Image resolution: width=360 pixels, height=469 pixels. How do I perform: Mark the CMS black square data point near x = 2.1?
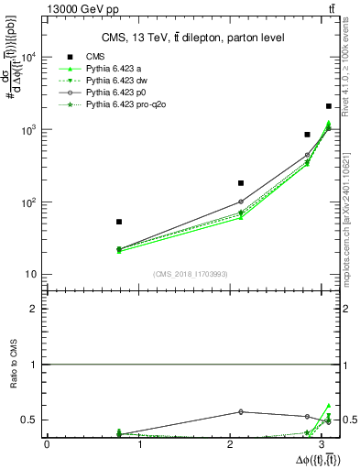coord(240,183)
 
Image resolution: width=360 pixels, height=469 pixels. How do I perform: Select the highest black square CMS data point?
coord(329,106)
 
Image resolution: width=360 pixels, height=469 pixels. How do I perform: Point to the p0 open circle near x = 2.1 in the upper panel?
coord(240,202)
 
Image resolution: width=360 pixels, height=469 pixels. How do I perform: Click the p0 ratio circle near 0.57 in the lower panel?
coord(240,411)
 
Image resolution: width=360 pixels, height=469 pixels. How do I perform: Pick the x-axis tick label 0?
coord(47,444)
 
